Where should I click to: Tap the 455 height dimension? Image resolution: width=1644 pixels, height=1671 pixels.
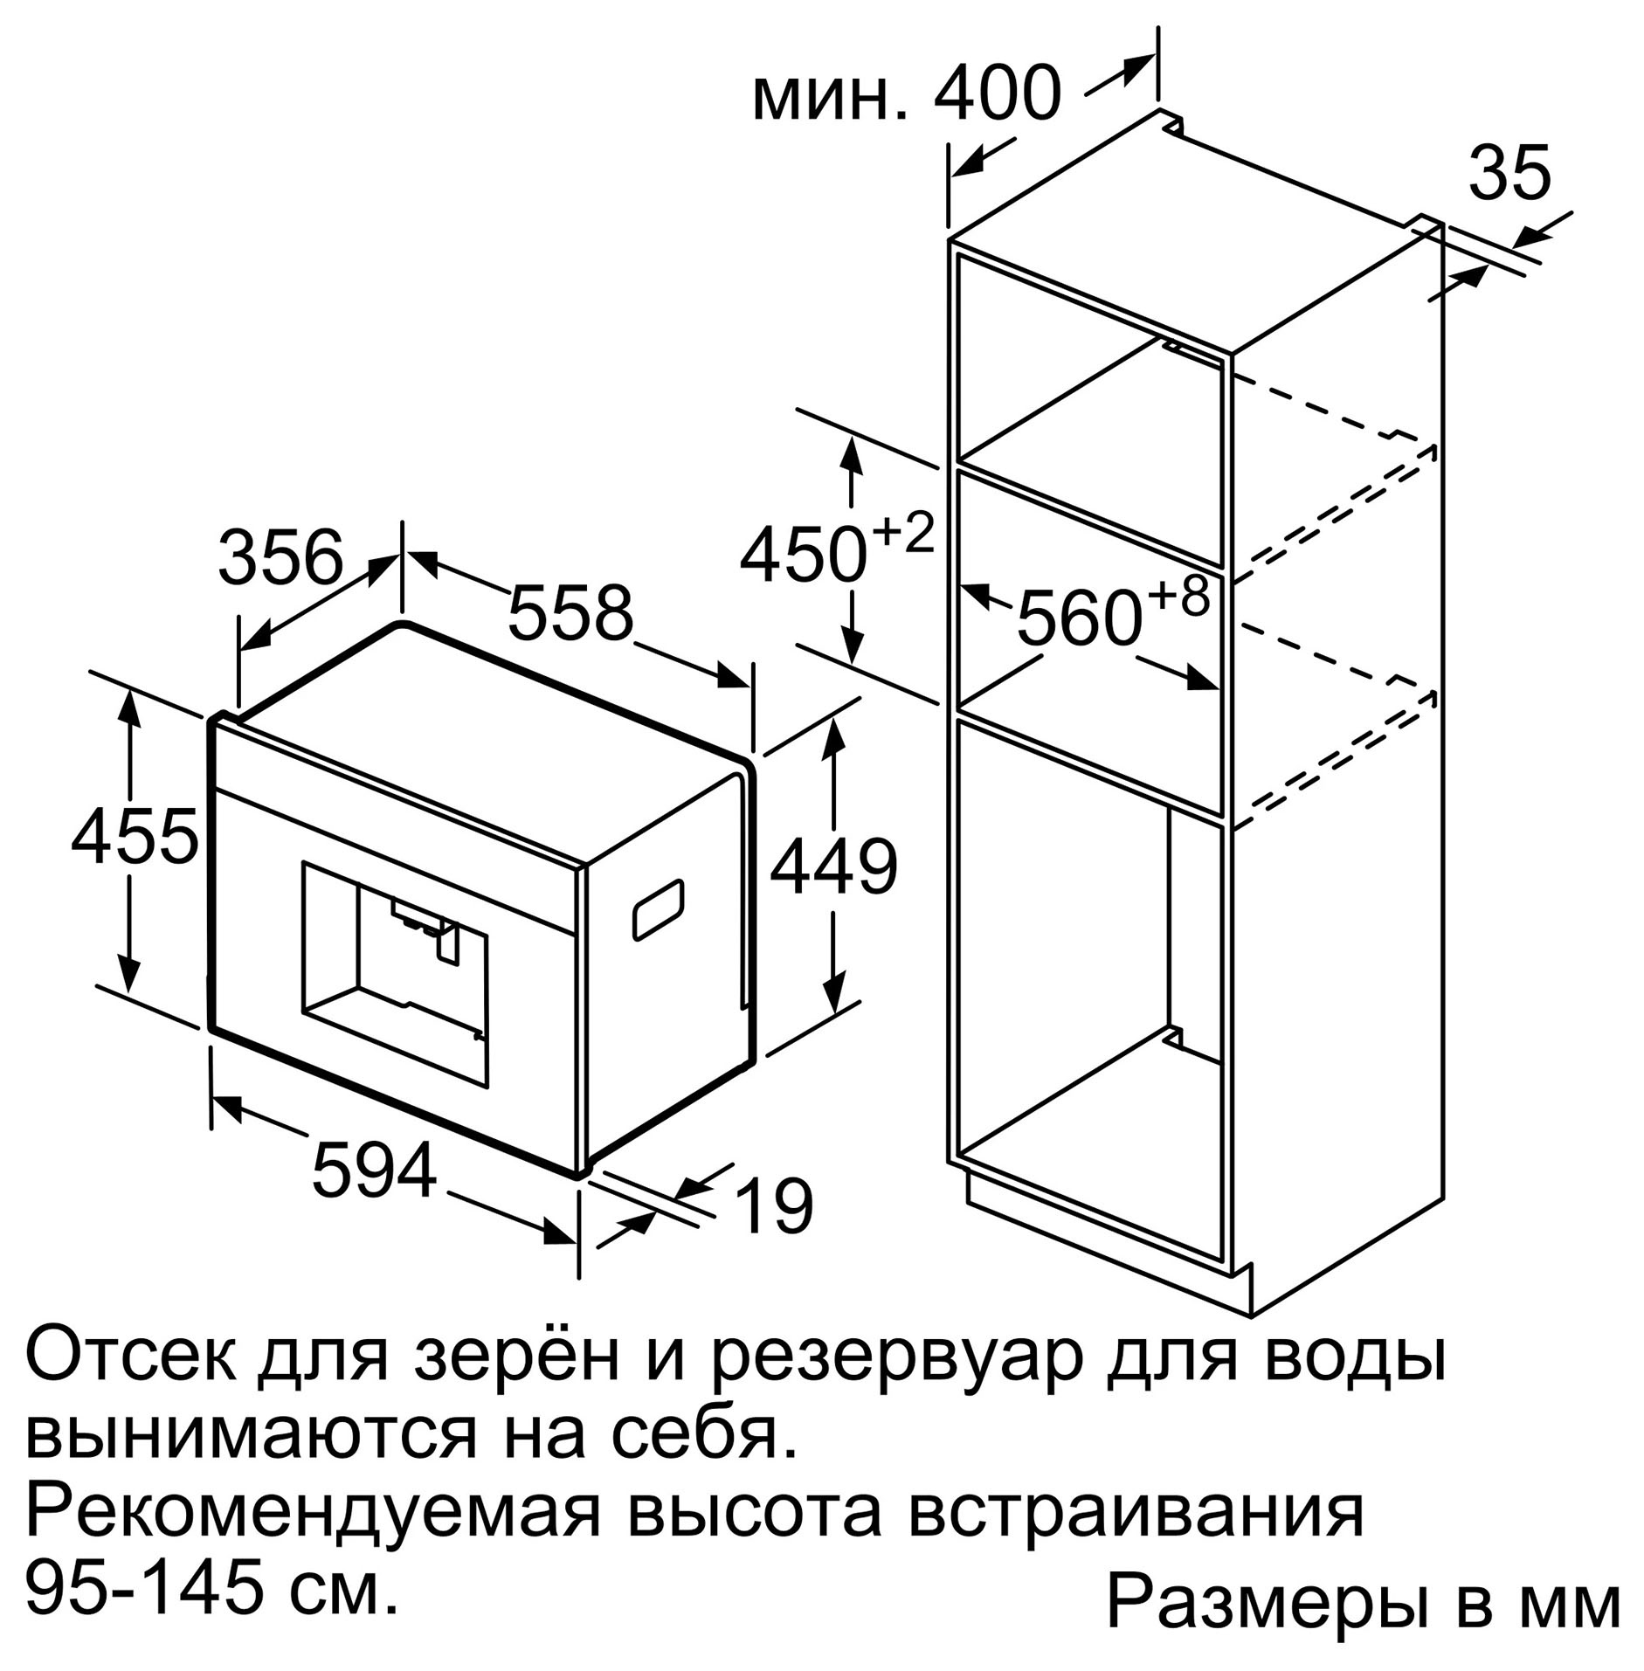click(135, 835)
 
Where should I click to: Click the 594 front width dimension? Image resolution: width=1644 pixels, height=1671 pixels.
click(374, 1170)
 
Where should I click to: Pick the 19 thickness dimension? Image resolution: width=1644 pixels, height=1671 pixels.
click(774, 1206)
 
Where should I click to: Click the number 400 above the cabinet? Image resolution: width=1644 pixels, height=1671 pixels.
click(998, 92)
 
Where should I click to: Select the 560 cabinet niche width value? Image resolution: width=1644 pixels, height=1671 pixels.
click(1080, 618)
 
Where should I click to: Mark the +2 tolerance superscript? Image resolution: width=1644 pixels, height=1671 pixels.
click(903, 533)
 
